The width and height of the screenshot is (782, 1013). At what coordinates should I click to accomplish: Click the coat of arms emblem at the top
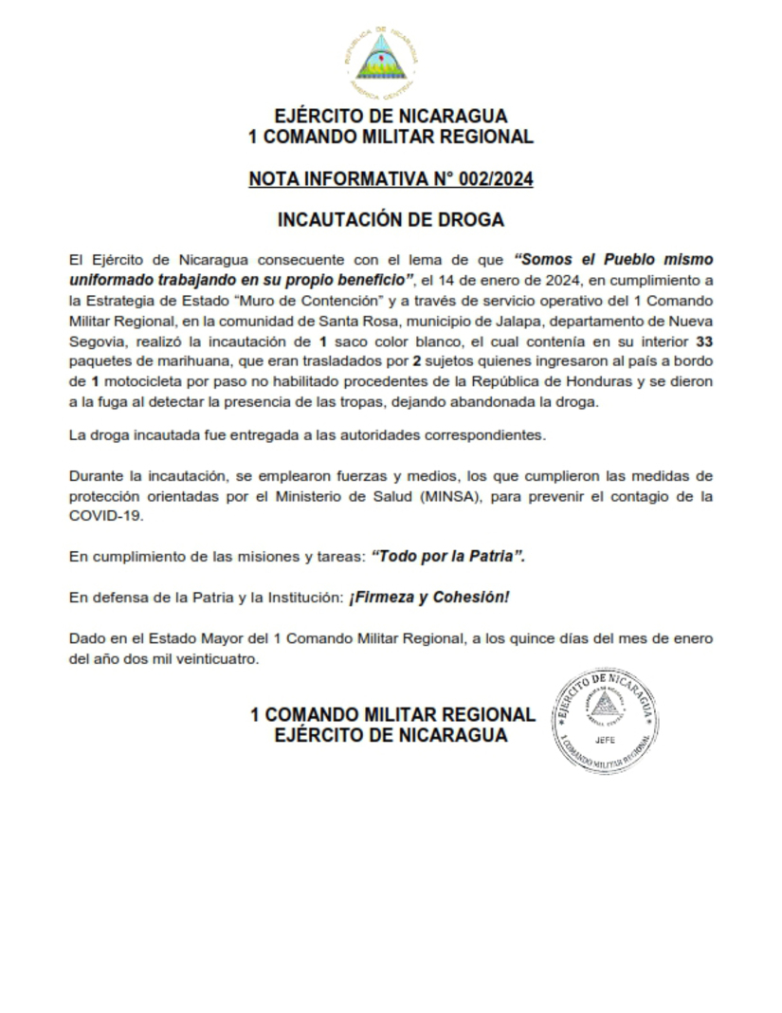point(384,63)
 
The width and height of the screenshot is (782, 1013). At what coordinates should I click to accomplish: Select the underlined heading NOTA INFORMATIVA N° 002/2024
point(391,178)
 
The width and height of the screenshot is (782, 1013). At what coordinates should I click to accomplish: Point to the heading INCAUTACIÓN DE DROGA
point(391,220)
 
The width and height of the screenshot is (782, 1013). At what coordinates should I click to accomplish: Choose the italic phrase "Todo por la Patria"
point(448,557)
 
